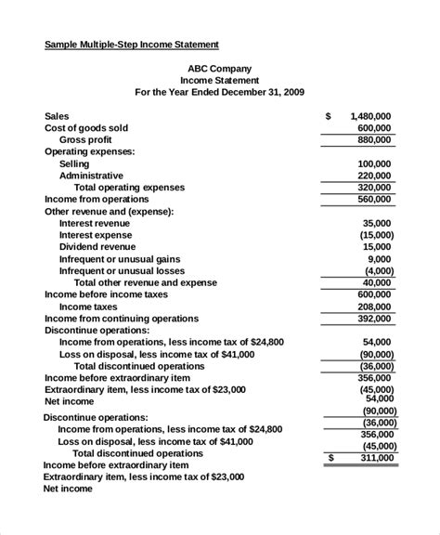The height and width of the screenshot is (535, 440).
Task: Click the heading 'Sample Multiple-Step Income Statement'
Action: (132, 44)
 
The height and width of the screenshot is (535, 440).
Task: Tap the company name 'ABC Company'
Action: (219, 68)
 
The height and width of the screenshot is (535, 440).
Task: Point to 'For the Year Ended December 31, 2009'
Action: (219, 92)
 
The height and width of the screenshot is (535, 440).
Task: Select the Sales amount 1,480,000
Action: (370, 116)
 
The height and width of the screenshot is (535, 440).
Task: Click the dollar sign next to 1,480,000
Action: (329, 116)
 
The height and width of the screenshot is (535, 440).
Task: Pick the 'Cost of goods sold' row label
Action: (86, 127)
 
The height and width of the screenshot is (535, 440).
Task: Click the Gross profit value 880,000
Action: (374, 139)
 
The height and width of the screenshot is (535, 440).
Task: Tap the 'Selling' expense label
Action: (74, 163)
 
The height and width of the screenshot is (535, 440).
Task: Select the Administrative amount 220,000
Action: (374, 175)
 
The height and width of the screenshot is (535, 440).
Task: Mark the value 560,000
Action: (374, 199)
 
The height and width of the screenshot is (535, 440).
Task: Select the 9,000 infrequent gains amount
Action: (380, 259)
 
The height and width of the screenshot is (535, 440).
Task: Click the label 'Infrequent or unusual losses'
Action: (123, 270)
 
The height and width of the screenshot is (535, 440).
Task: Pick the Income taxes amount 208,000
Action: (374, 306)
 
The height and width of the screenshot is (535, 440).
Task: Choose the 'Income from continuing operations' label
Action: (122, 318)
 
